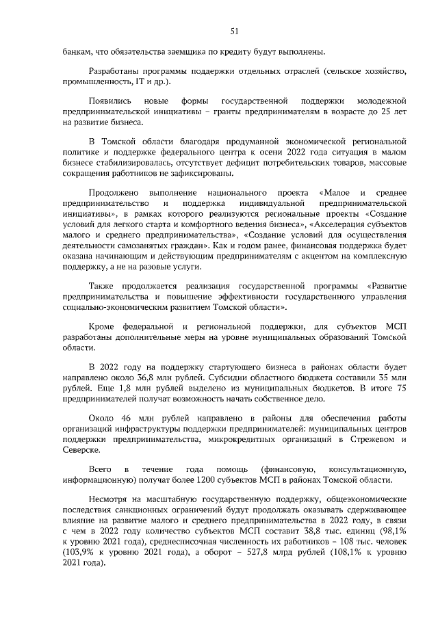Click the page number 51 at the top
(x=234, y=31)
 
